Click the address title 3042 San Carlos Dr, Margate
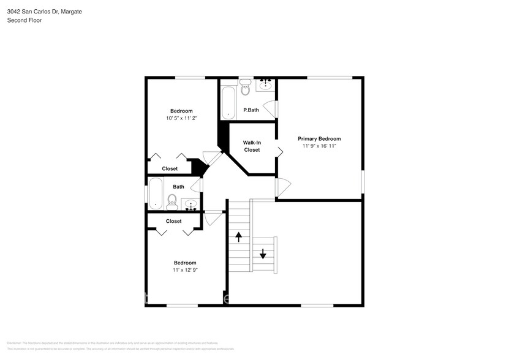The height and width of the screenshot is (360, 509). tap(44, 12)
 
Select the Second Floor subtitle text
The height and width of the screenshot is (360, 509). tap(24, 20)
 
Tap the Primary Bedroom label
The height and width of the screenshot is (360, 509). tap(319, 138)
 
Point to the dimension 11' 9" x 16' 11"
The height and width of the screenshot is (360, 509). tap(319, 146)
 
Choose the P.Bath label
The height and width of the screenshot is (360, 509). tap(251, 110)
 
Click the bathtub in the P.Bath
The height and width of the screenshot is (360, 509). tap(228, 102)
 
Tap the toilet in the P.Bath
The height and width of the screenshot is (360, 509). tap(246, 88)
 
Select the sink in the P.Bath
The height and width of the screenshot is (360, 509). tap(266, 85)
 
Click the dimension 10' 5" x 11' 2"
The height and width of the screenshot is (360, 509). tap(181, 118)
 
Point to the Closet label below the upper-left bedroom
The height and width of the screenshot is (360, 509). tap(170, 168)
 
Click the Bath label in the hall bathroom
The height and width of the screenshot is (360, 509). tap(178, 187)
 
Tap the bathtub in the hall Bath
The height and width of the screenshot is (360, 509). tap(156, 192)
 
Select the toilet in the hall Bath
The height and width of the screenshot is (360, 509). tap(172, 201)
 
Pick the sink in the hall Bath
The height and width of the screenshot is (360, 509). tap(191, 204)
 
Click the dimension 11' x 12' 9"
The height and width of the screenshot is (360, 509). tap(185, 269)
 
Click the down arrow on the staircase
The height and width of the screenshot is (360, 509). tap(263, 253)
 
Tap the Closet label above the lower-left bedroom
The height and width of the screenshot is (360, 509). tap(173, 221)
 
